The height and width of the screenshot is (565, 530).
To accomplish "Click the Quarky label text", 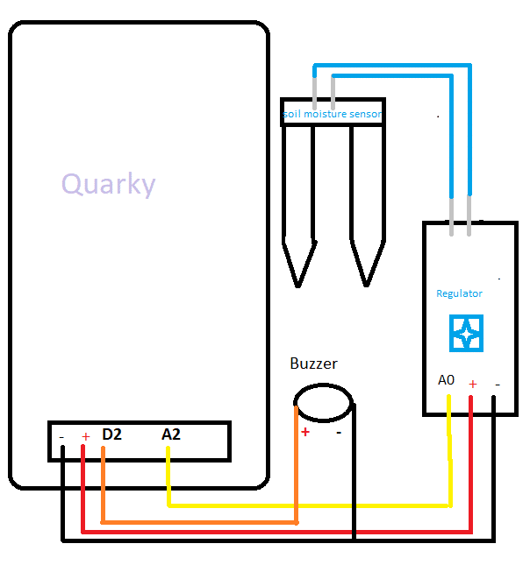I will pos(108,184).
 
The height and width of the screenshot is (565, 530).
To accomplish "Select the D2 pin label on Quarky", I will pos(111,434).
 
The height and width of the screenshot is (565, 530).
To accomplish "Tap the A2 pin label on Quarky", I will pos(171,434).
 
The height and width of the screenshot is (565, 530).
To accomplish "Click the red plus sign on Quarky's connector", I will pos(85,436).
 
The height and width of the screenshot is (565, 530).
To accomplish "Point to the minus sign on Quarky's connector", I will pos(61,435).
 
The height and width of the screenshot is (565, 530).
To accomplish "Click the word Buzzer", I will pos(313,364).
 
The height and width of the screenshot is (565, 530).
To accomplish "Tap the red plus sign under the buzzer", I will pos(305,432).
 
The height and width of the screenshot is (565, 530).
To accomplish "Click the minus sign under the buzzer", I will pos(338,432).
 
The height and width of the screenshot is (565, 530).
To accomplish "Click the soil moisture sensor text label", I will pos(332,114).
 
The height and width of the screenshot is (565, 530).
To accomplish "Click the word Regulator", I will pos(459,293).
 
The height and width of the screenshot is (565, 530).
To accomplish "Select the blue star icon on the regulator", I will pos(466,334).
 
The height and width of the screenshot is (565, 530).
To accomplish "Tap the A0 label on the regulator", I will pos(447,381).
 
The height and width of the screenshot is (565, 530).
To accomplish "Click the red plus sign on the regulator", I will pos(472,384).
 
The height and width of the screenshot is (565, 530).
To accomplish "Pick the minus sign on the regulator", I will pos(497,384).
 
